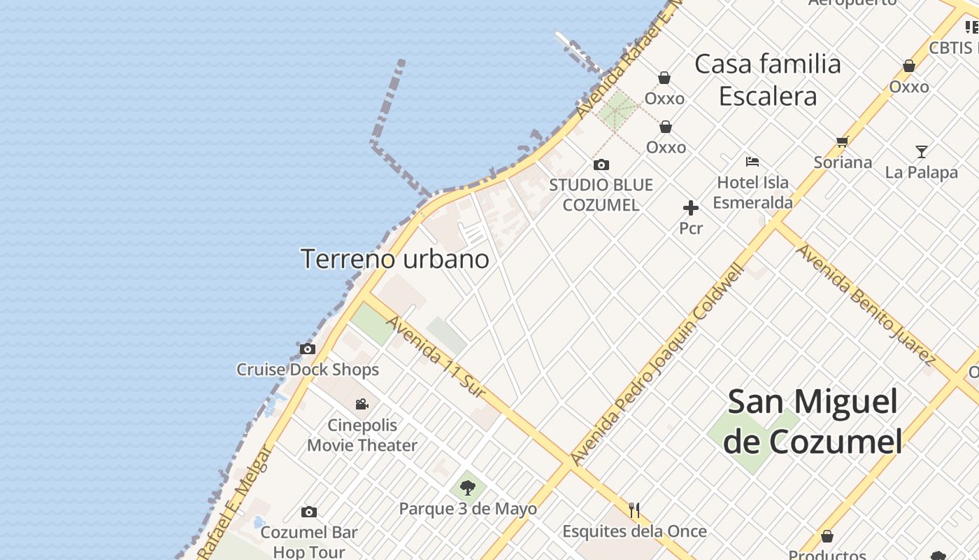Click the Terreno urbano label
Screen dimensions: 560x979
394,259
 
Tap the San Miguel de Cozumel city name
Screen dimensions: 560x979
813,422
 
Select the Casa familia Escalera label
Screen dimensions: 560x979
768,80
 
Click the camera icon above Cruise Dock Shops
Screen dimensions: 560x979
307,349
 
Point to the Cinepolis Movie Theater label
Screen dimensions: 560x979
362,435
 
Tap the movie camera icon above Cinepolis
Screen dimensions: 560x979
362,404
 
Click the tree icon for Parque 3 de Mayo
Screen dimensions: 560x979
468,488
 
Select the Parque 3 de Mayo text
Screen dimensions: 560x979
468,509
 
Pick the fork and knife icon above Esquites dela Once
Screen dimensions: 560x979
634,510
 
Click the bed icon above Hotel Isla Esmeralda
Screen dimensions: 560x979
752,162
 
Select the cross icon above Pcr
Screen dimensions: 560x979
691,208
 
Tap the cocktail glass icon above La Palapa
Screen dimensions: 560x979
922,151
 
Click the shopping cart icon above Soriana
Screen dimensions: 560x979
843,142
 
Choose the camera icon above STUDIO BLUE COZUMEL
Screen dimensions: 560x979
601,165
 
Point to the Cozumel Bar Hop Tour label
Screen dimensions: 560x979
309,542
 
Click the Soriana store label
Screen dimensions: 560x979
843,162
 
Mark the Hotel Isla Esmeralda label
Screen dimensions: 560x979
753,192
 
